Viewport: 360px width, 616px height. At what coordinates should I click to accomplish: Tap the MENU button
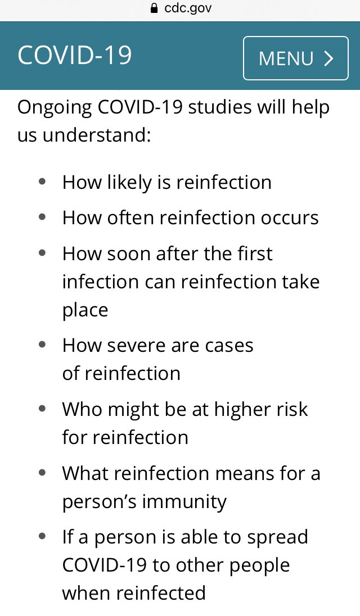[x=296, y=58]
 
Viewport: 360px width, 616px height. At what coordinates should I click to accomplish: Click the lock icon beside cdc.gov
[x=152, y=8]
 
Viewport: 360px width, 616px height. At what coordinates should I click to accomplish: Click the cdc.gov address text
[x=188, y=8]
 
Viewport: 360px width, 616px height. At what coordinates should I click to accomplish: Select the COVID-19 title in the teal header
[x=75, y=56]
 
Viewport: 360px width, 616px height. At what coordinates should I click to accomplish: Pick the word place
[x=85, y=310]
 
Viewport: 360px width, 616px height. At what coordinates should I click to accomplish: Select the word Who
[x=82, y=409]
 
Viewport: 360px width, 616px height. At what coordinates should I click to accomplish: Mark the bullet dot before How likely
[x=42, y=182]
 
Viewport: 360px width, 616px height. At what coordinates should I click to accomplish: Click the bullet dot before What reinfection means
[x=42, y=473]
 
